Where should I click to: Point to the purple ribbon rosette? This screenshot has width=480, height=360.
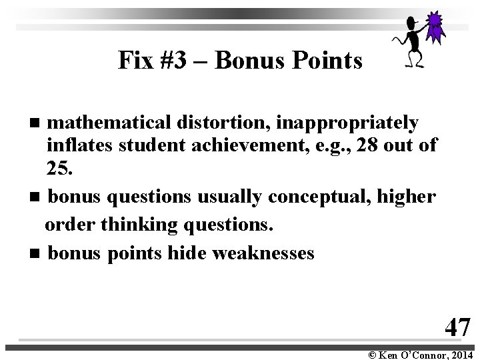[x=435, y=27]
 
